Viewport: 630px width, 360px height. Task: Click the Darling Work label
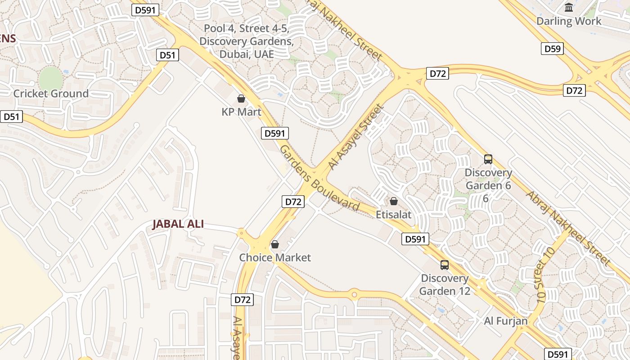pyautogui.click(x=569, y=21)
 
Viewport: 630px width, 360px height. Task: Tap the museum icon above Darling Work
pyautogui.click(x=569, y=8)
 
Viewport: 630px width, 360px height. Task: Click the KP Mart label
pyautogui.click(x=241, y=112)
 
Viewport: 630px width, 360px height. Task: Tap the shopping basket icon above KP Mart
pyautogui.click(x=241, y=99)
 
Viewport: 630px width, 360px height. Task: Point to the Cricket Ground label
pyautogui.click(x=51, y=94)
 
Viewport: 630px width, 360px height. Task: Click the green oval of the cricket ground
pyautogui.click(x=50, y=79)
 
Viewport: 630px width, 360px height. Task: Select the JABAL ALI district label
pyautogui.click(x=178, y=224)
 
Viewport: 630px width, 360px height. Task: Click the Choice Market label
pyautogui.click(x=275, y=258)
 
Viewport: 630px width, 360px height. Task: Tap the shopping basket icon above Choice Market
pyautogui.click(x=275, y=244)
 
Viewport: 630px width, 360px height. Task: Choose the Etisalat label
pyautogui.click(x=394, y=215)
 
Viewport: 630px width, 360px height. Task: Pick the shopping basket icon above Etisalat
pyautogui.click(x=394, y=201)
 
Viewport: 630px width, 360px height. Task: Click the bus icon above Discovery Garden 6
pyautogui.click(x=488, y=159)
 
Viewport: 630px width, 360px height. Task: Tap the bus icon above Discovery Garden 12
pyautogui.click(x=445, y=265)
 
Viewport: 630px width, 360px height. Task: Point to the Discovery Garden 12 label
pyautogui.click(x=445, y=284)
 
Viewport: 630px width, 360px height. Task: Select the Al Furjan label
pyautogui.click(x=506, y=321)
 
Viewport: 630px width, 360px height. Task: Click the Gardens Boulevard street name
pyautogui.click(x=319, y=178)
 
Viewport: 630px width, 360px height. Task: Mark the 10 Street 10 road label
pyautogui.click(x=545, y=274)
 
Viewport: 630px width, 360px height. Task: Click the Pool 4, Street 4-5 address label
pyautogui.click(x=247, y=41)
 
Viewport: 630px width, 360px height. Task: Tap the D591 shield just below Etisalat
pyautogui.click(x=415, y=239)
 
